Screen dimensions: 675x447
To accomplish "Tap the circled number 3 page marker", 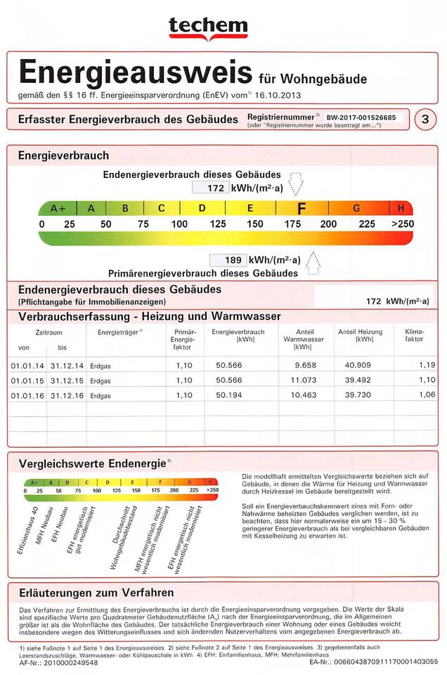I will click(424, 119).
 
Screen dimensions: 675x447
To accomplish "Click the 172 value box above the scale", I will click(209, 188).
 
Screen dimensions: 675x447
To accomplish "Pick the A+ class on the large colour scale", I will click(58, 209).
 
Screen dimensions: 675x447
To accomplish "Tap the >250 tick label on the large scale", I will click(401, 224).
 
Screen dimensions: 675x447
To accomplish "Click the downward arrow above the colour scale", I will click(296, 184).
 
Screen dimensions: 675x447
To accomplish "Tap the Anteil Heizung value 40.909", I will click(357, 366).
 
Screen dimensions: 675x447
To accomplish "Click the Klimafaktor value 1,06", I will click(427, 395).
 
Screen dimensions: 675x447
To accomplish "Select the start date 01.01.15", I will click(27, 380).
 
